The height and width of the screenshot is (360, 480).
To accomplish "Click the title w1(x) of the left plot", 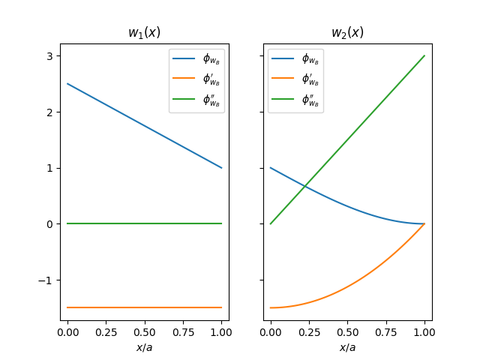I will tap(144, 32).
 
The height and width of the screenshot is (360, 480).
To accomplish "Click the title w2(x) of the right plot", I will tap(347, 32).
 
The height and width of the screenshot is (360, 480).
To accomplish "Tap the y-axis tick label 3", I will tap(49, 56).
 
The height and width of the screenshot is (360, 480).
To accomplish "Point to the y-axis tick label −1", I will tap(46, 280).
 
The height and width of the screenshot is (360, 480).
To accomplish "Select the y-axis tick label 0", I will tap(49, 224).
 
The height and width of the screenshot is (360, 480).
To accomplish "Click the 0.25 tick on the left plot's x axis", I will tap(106, 331).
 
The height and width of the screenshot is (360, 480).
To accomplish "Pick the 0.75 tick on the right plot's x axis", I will tap(385, 331).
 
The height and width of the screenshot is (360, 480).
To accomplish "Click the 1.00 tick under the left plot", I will tap(221, 331).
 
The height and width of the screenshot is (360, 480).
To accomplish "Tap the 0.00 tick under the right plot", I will tap(270, 331).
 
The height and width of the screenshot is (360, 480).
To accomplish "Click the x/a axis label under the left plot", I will tap(144, 346).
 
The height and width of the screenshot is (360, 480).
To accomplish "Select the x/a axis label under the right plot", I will tap(347, 346).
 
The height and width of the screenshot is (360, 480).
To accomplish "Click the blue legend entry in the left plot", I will tap(196, 58).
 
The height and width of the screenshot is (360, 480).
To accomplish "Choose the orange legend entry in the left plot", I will tap(196, 79).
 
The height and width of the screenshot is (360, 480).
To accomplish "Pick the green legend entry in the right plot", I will tap(295, 100).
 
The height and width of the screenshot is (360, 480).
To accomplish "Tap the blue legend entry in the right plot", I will tap(295, 58).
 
